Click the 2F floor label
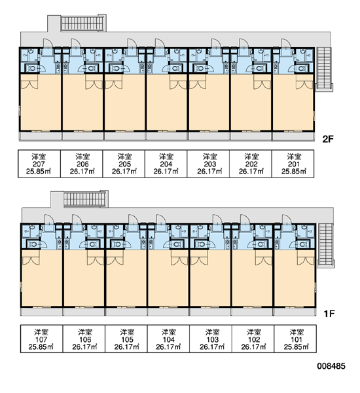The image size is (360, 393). (x=328, y=139)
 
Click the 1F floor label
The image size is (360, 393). (x=329, y=314)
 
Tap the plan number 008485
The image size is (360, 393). (x=331, y=366)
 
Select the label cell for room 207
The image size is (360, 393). (x=39, y=164)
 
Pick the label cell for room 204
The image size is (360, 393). (x=166, y=164)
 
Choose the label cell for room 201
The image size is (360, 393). (x=293, y=164)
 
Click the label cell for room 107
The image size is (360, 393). (x=41, y=339)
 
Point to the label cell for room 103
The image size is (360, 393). (x=211, y=339)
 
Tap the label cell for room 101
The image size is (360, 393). (x=295, y=339)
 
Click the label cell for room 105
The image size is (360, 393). (x=126, y=339)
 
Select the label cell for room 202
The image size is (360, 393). (x=251, y=164)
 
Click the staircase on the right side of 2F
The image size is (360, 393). (x=324, y=69)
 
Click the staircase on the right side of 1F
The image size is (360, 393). (x=326, y=245)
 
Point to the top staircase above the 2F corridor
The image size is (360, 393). (x=82, y=24)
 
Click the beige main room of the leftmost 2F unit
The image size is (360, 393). (x=41, y=102)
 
